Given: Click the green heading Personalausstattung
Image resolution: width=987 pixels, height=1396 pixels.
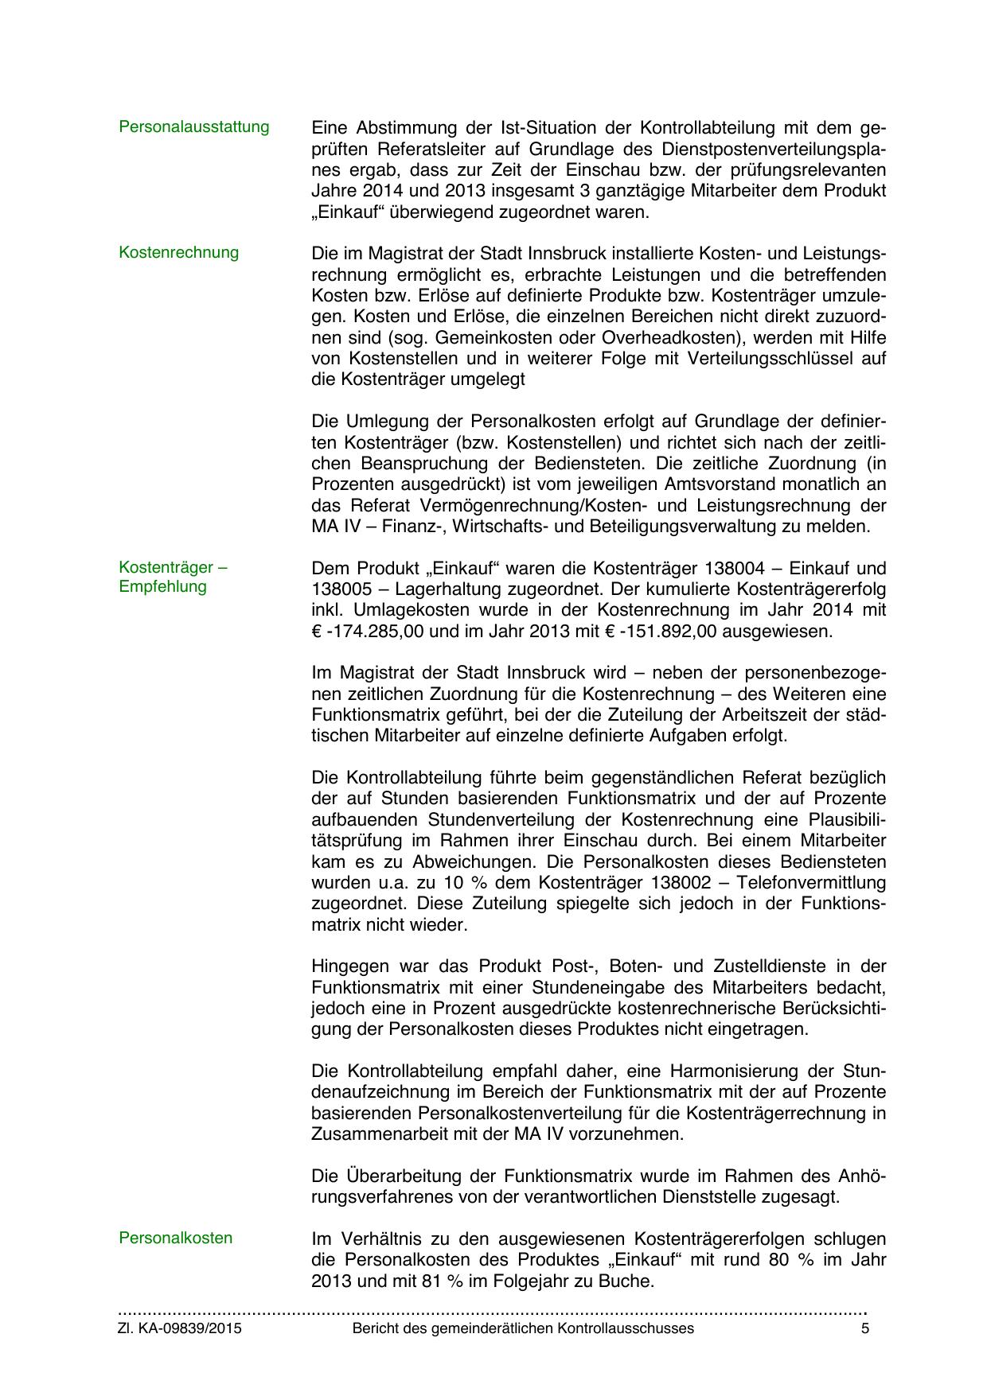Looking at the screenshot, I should [193, 127].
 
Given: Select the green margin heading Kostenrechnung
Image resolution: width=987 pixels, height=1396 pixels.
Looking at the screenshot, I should [178, 253].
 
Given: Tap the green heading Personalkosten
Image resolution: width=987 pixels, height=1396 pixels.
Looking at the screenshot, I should [175, 1238].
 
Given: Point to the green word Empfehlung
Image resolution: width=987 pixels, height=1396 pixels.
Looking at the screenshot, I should [162, 587].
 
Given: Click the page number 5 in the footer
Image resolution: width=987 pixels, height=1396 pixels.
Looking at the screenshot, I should [865, 1328].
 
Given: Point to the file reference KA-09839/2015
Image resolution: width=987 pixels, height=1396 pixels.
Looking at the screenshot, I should [189, 1328].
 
